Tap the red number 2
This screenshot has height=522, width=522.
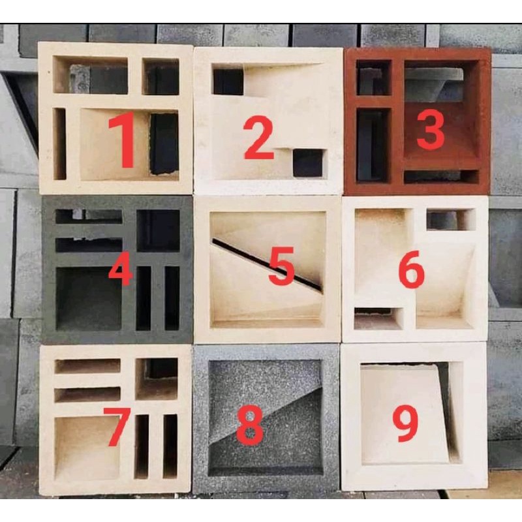coord(258,139)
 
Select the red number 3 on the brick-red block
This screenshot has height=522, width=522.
coord(430,129)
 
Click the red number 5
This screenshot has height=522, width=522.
coord(281,266)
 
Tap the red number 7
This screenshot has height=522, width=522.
coord(117,427)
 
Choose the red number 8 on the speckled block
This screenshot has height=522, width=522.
coord(250,426)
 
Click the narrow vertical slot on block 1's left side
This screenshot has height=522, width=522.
coord(59,144)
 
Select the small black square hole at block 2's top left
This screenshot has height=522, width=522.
coord(228,82)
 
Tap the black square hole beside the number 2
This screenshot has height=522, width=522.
coord(308,162)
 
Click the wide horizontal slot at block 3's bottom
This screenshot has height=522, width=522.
coord(442,176)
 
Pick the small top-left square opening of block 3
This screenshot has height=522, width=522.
coord(373,77)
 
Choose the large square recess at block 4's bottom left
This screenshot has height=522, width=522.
coord(89,299)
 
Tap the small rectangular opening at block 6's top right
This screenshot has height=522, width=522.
coord(451,220)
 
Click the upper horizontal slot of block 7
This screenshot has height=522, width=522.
coord(87,366)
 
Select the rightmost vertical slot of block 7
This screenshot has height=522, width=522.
coord(170,446)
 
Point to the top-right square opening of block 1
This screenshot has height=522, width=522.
coord(161,76)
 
